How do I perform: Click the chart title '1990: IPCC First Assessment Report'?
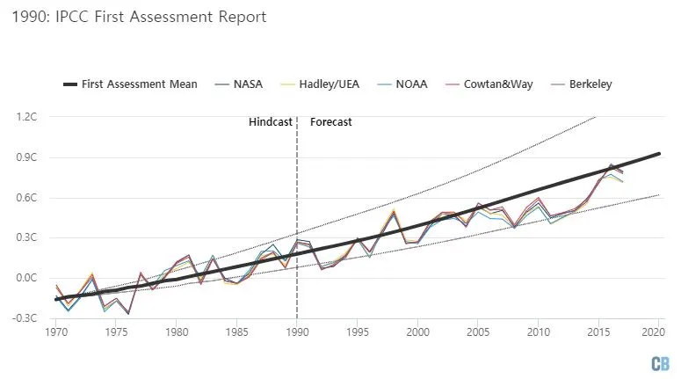tap(140, 17)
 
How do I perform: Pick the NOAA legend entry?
tap(430, 84)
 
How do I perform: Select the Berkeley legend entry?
tap(603, 84)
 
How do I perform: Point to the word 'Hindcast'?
tap(270, 122)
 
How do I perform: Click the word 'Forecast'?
tap(331, 122)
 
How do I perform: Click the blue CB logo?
tap(660, 362)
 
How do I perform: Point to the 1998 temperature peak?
tap(394, 211)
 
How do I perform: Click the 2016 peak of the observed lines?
tap(612, 165)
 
